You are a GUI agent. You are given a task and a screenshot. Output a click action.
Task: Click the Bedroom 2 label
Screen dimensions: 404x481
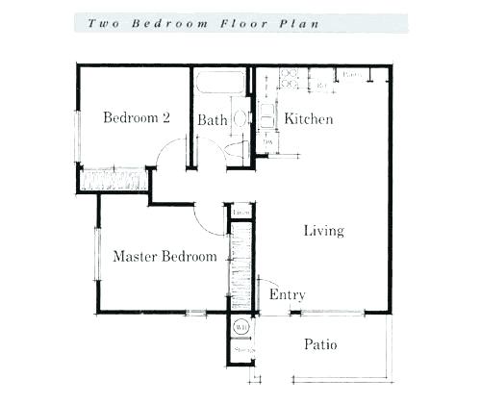[x=137, y=118]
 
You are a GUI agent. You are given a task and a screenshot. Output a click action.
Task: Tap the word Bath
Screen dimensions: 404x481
[x=212, y=120]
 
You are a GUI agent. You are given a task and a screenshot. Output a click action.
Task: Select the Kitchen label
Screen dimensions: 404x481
[x=308, y=119]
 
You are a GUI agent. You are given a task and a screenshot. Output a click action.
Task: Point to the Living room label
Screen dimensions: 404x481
[x=323, y=231]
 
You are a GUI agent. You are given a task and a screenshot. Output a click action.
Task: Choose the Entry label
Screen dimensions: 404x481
[x=287, y=294]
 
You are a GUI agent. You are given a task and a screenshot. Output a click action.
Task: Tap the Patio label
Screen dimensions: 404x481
[x=320, y=344]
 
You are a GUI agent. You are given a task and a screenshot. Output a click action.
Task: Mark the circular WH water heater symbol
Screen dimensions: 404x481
[x=240, y=327]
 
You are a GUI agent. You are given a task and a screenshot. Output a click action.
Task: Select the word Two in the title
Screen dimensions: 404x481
[x=105, y=22]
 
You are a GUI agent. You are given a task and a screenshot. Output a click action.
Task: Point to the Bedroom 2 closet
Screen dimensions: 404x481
[x=114, y=179]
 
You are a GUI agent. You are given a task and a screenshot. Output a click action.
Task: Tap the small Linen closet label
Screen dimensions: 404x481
[x=240, y=211]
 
